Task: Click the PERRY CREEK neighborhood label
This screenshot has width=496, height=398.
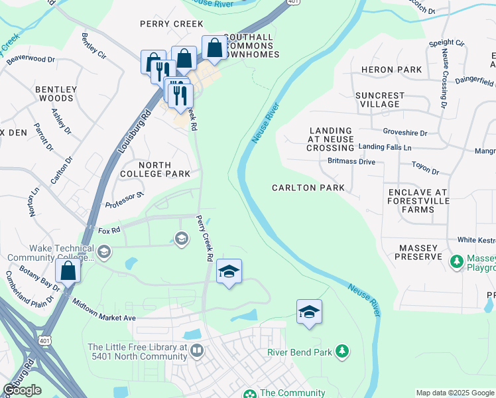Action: pyautogui.click(x=171, y=24)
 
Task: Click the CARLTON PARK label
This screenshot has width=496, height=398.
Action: pyautogui.click(x=308, y=188)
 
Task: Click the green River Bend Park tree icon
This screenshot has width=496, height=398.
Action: pyautogui.click(x=342, y=350)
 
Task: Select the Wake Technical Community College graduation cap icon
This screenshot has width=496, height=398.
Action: pyautogui.click(x=104, y=251)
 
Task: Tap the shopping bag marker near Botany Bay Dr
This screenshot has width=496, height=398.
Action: pyautogui.click(x=68, y=271)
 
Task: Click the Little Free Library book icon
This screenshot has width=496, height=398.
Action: pyautogui.click(x=196, y=350)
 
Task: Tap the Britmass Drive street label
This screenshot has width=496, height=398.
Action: pyautogui.click(x=351, y=161)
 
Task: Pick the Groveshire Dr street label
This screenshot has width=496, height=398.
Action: pyautogui.click(x=405, y=133)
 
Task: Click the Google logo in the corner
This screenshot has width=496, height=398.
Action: pyautogui.click(x=22, y=389)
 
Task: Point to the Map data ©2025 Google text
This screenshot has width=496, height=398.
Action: pyautogui.click(x=455, y=393)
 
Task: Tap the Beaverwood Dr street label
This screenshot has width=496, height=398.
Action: pyautogui.click(x=27, y=59)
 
